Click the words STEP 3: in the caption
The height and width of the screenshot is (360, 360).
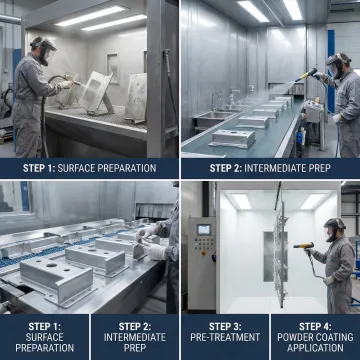tap(224, 326)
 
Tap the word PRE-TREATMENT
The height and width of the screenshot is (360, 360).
tap(224, 339)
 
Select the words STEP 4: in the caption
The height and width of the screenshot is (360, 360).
tap(314, 326)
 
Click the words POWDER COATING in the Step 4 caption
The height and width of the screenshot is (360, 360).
tap(314, 339)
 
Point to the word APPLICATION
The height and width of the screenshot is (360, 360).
tap(314, 351)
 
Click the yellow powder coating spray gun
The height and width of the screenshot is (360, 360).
tap(303, 246)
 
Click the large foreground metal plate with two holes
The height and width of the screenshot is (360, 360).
tap(58, 282)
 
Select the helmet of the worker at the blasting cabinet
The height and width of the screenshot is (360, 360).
tap(41, 46)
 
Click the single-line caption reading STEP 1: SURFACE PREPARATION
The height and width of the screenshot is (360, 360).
tap(90, 168)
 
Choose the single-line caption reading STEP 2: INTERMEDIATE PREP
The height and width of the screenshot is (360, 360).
tap(270, 168)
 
